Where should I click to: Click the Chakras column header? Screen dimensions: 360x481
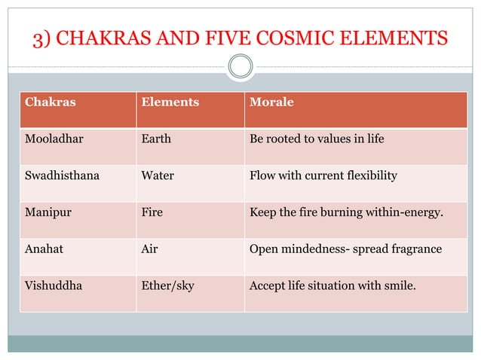click(x=51, y=102)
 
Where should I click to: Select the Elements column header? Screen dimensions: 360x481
click(x=170, y=102)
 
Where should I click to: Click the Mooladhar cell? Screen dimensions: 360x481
click(x=55, y=139)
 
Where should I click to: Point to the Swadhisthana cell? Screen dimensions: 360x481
click(x=62, y=175)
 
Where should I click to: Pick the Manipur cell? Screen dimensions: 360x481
click(x=48, y=212)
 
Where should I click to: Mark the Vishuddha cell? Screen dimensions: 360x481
click(x=52, y=286)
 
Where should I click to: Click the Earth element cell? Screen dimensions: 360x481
click(x=156, y=139)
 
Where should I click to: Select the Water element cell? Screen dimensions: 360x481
click(x=158, y=175)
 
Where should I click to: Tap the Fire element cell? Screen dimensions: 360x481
click(x=152, y=212)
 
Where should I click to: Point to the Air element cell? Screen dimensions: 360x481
click(x=149, y=249)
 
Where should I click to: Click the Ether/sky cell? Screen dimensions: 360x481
click(x=168, y=286)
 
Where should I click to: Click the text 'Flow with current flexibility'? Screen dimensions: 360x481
click(x=323, y=175)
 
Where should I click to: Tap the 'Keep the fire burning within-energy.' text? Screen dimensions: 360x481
click(x=346, y=212)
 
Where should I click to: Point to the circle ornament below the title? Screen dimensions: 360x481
click(x=240, y=66)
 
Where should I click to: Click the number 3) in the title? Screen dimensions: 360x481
click(x=42, y=38)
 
